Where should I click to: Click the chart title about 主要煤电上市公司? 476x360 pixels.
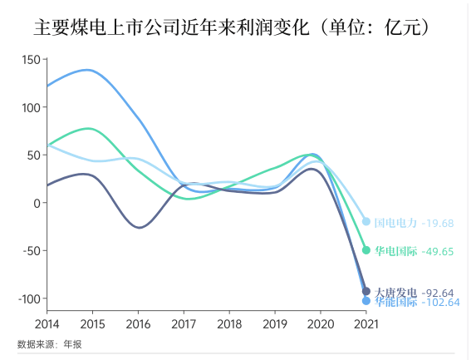237,28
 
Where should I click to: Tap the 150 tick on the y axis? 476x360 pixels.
30,60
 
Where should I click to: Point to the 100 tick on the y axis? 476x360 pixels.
30,107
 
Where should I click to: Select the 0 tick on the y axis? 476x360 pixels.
36,203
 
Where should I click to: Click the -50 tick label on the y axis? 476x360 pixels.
30,251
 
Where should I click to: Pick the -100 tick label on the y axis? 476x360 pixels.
27,298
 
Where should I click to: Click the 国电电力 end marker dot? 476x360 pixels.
366,221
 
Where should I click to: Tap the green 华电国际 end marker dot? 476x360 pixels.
366,250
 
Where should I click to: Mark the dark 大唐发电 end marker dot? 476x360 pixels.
366,291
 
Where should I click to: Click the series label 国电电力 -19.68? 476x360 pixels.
414,223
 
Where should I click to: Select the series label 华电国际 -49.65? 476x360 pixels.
414,251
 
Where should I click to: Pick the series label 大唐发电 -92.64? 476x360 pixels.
414,292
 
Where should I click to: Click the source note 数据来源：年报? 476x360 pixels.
50,344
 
